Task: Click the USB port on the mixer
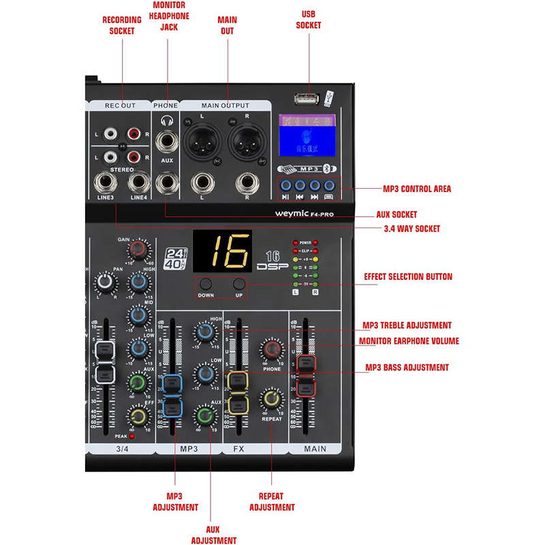click(307, 99)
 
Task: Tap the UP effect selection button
click(238, 286)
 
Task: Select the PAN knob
click(105, 281)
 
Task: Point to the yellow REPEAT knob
click(271, 399)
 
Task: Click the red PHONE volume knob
click(272, 350)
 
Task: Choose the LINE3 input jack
click(106, 183)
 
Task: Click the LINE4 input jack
click(139, 183)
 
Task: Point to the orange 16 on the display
click(221, 253)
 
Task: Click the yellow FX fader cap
click(237, 394)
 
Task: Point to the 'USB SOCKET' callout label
click(309, 19)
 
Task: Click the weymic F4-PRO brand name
click(307, 213)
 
